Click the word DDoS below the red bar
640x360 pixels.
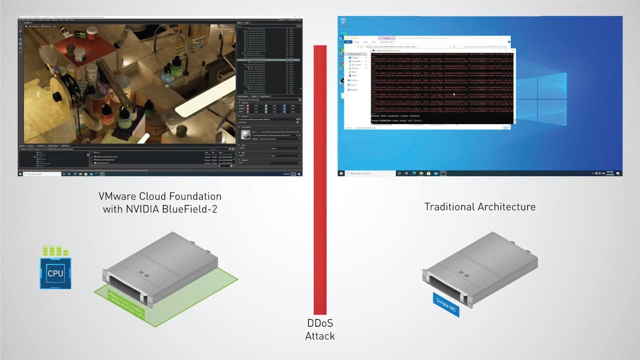[320, 323]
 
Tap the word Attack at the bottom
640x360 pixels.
[320, 336]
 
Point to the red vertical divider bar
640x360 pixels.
[320, 180]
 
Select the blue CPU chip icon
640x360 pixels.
[55, 273]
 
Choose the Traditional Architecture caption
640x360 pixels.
[479, 206]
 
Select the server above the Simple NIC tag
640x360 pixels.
[480, 267]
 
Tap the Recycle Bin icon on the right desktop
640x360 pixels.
[343, 21]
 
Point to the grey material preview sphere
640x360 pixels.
[245, 135]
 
